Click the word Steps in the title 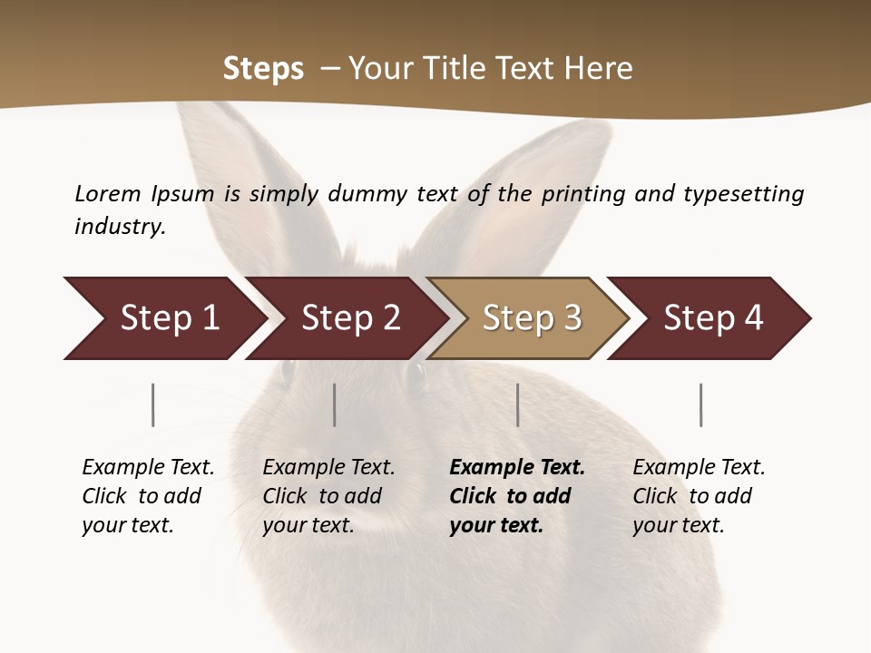point(263,69)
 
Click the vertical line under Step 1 point(153,404)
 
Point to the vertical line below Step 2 point(335,404)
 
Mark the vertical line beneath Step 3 point(518,404)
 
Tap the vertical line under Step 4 point(701,404)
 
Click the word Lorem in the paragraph point(108,193)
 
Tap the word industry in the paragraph point(120,226)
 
